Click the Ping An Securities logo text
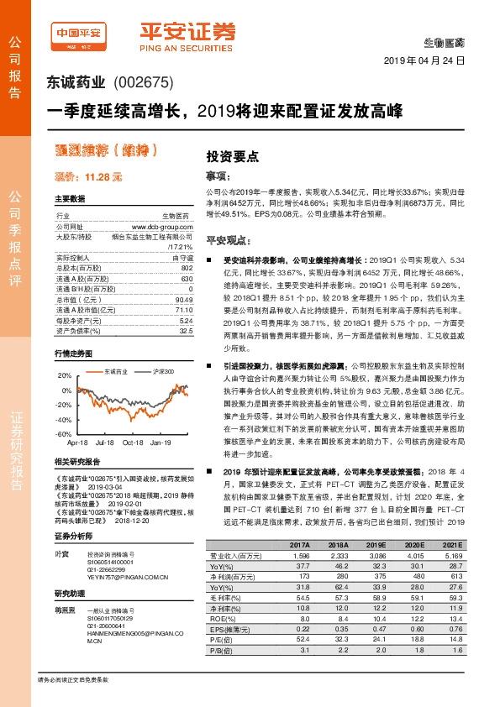coord(187,37)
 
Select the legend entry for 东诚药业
coord(114,371)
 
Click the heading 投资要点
coord(232,155)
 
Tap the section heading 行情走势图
coord(73,353)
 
